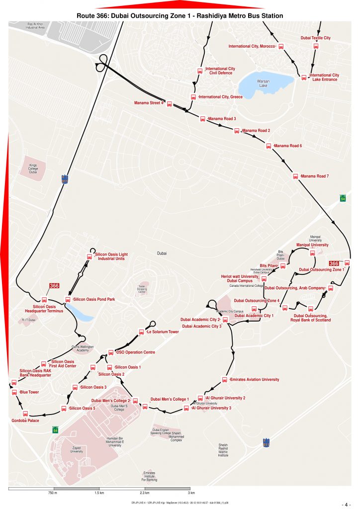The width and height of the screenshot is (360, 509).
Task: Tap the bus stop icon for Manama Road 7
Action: [295, 176]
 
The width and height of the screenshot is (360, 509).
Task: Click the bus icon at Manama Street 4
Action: [169, 104]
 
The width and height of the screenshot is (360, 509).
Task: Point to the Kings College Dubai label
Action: [33, 168]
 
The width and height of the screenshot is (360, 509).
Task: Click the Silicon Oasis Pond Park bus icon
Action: [68, 299]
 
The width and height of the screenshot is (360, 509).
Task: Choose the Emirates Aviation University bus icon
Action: [225, 380]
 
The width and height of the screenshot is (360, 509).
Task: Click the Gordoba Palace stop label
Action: [25, 421]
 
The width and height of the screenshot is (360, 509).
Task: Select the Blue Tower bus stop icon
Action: [14, 392]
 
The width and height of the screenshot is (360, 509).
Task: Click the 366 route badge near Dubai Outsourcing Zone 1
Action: [335, 263]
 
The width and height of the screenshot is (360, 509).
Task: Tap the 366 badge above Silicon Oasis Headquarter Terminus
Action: [54, 286]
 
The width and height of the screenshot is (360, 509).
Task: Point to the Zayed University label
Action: [76, 449]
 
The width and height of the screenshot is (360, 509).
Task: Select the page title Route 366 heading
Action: [180, 16]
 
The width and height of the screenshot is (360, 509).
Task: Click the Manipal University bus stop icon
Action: [313, 253]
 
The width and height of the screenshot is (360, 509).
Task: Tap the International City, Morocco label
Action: [252, 46]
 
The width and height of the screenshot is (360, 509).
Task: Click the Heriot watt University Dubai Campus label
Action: [240, 278]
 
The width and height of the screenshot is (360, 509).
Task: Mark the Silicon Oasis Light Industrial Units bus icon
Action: [90, 256]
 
